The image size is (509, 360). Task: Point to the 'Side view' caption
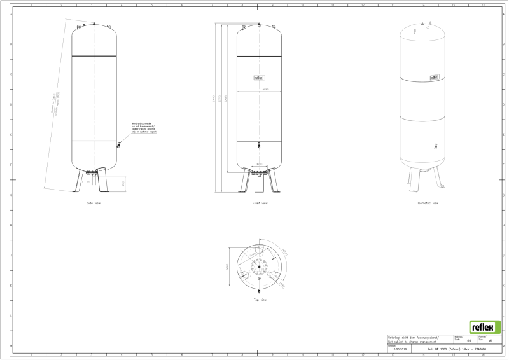(94, 203)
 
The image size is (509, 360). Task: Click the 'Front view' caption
(260, 203)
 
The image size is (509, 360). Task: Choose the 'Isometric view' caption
(428, 203)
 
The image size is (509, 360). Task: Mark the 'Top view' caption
(260, 300)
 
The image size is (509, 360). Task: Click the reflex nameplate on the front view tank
(259, 78)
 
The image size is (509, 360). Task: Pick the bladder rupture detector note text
(143, 127)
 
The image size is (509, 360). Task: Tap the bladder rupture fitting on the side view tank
(118, 146)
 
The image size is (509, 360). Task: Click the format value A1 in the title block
(491, 342)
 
